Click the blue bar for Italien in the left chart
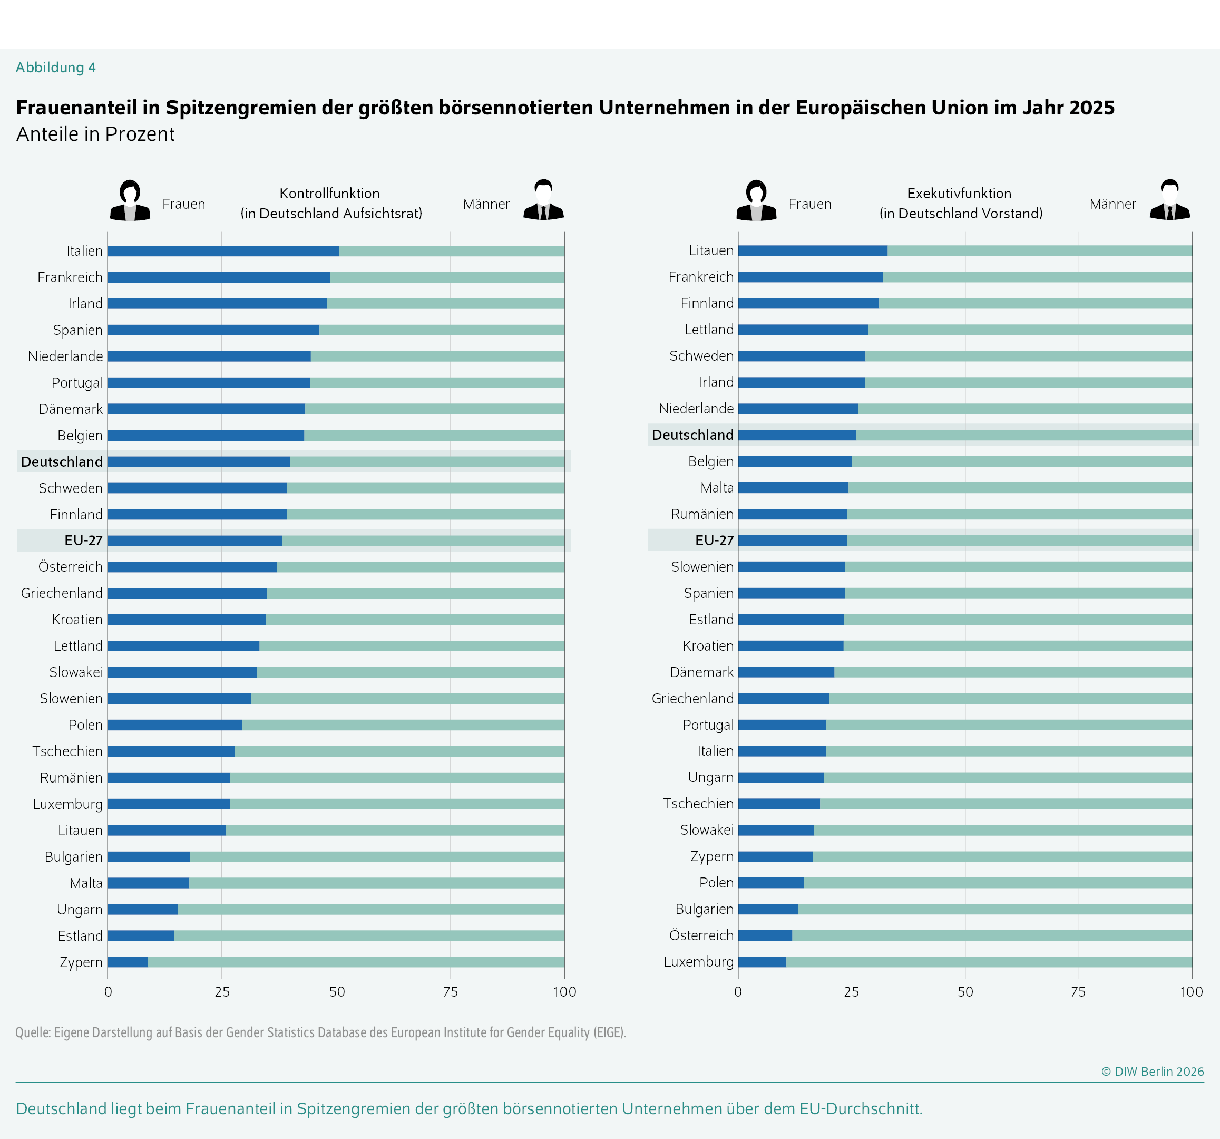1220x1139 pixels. click(223, 251)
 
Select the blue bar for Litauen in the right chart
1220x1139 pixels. click(812, 250)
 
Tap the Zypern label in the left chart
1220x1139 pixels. click(81, 962)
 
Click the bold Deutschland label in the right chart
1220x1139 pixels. click(692, 435)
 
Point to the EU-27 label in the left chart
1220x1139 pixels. click(83, 540)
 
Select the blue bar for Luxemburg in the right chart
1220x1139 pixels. click(762, 961)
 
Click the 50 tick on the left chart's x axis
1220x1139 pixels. click(336, 992)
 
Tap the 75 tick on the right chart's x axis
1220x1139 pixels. click(1078, 992)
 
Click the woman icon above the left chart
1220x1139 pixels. click(130, 200)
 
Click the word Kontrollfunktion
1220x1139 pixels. click(329, 194)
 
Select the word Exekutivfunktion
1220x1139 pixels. click(959, 194)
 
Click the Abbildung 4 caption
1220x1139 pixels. click(56, 67)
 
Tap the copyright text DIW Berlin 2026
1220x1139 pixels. click(1152, 1072)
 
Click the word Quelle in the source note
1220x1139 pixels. click(33, 1032)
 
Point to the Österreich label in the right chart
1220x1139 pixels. click(701, 935)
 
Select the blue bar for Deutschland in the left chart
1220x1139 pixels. click(198, 462)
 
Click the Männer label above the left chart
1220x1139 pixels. click(486, 204)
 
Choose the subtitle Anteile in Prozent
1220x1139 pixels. click(95, 134)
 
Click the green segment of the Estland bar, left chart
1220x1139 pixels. click(368, 936)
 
